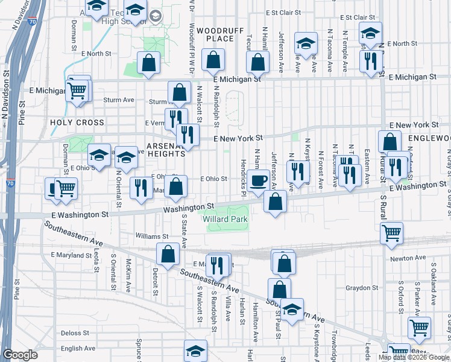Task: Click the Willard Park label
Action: (225, 219)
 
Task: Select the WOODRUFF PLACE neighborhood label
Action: (215, 34)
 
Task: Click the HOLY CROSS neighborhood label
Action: (77, 122)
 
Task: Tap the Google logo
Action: (20, 355)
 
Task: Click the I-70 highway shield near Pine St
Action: (10, 183)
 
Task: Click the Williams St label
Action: (152, 237)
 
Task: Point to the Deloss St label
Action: (75, 332)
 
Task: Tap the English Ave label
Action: (78, 348)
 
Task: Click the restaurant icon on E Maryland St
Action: (218, 264)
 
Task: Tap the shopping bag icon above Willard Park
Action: (275, 202)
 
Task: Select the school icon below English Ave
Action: (196, 351)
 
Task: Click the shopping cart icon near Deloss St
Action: (419, 328)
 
